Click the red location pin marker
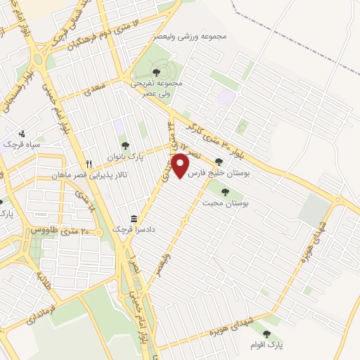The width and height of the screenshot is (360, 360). [181, 166]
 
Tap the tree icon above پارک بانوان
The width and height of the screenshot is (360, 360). [125, 146]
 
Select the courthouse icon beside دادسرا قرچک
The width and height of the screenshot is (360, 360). [134, 219]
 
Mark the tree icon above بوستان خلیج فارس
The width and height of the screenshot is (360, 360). [219, 161]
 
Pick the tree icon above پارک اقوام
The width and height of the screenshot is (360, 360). [265, 334]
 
